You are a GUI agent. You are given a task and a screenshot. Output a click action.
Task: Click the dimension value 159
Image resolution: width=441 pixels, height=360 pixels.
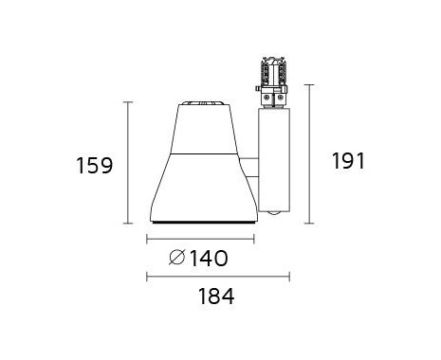coord(95,166)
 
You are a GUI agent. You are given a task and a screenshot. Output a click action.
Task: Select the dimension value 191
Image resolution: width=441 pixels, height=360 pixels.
coord(348,160)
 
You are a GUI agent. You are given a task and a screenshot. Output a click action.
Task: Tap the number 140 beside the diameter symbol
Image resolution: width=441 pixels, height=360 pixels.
coord(209,258)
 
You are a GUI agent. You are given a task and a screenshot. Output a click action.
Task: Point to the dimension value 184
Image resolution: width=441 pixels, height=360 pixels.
coord(216,297)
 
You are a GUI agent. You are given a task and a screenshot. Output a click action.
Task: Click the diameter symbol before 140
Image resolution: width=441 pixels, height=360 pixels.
coord(176,258)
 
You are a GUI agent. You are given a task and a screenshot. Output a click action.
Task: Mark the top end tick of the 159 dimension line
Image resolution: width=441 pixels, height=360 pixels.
coord(128,102)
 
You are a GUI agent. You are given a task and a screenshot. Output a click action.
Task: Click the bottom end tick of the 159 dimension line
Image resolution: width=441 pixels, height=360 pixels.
coord(128,223)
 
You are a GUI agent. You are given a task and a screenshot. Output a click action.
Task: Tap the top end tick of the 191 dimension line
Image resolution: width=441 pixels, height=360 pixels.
coord(309,85)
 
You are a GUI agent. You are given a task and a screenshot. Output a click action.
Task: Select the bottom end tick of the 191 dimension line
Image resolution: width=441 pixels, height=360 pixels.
coord(309,223)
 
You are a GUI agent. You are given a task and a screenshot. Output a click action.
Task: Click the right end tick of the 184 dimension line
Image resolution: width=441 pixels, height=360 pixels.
coord(289,277)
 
